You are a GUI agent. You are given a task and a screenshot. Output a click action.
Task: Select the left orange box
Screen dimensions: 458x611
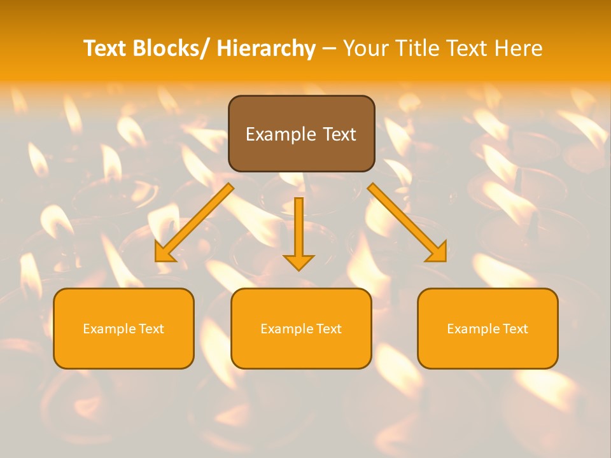[x=123, y=328]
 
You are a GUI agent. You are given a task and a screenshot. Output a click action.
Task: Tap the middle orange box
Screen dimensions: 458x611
[x=301, y=328]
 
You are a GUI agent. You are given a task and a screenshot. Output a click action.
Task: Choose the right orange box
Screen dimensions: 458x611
[x=488, y=328]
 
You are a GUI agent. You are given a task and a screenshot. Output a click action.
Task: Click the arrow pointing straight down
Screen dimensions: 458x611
[x=299, y=233]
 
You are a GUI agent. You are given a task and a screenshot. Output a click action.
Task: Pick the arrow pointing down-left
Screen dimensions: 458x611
[x=195, y=223]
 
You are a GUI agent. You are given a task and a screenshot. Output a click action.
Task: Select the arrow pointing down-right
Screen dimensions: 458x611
[x=407, y=223]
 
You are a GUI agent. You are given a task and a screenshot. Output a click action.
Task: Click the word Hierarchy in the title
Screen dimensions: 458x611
[x=266, y=48]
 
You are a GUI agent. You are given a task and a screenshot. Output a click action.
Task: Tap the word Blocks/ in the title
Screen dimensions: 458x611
[x=174, y=48]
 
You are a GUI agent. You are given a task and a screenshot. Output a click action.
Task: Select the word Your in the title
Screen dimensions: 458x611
[x=367, y=48]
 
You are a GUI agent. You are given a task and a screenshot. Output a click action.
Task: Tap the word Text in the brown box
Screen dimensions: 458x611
[x=337, y=134]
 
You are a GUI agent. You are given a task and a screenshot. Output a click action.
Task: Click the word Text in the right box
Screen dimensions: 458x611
[x=515, y=329]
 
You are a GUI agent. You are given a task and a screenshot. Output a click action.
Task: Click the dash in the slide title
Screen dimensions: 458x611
[x=328, y=49]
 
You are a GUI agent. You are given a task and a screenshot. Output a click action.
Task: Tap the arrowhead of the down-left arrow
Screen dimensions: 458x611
[x=165, y=253]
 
